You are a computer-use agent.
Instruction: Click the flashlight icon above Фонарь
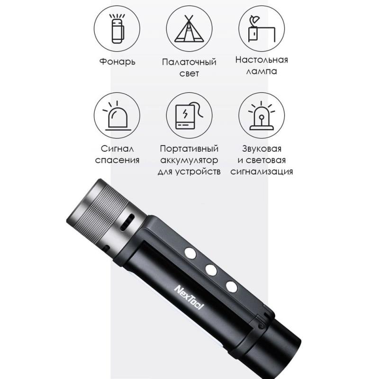coord(117,28)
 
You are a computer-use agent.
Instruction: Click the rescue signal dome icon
coord(117,117)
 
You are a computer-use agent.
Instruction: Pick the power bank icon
coord(189,117)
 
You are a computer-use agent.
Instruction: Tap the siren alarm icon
coord(262,116)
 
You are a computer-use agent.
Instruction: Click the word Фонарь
coord(117,62)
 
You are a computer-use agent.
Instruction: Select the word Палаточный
coord(189,62)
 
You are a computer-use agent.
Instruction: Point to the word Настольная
coord(262,60)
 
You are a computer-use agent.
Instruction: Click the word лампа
coord(262,72)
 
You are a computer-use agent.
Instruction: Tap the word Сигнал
coord(117,148)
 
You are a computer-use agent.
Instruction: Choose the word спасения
coord(117,160)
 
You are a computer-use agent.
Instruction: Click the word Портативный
coord(189,148)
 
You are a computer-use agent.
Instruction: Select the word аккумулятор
coord(189,160)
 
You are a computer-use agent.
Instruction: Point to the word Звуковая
coord(262,148)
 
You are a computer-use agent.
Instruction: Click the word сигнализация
coord(262,171)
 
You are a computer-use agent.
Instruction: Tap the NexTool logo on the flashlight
coord(189,298)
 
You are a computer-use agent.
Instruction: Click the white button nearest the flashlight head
coord(190,253)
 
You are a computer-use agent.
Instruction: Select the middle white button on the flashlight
coord(211,270)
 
